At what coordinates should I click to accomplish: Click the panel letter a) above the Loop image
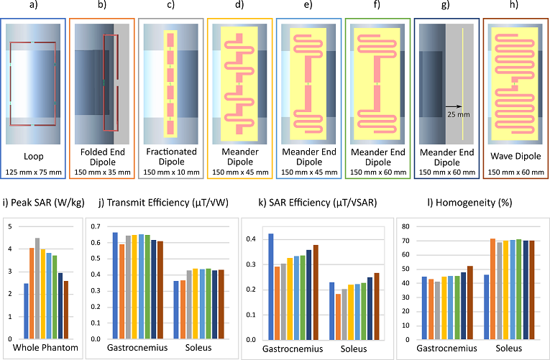[x=35, y=8]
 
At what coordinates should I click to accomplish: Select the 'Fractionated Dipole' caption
[x=170, y=157]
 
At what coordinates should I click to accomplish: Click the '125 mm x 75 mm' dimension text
[x=35, y=172]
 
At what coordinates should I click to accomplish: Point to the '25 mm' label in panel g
[x=454, y=114]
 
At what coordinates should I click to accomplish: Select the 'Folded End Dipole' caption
[x=102, y=157]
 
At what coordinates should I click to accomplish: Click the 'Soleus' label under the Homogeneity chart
[x=508, y=349]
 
